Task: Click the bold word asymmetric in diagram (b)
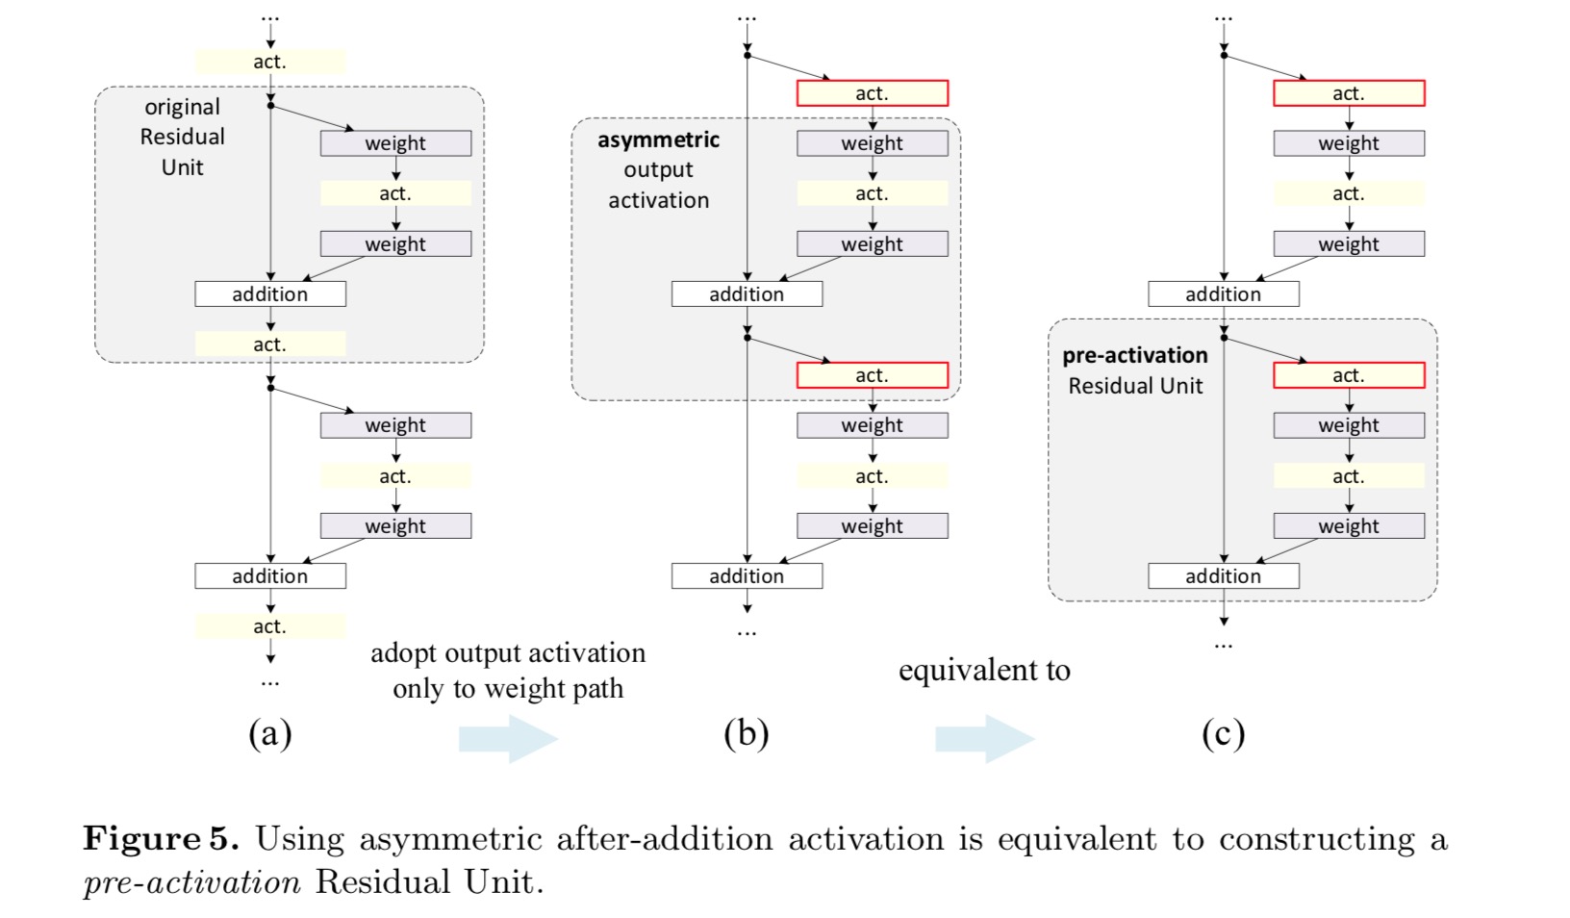[658, 140]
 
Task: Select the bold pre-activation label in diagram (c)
[1134, 355]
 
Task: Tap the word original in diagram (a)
[182, 107]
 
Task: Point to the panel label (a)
[269, 734]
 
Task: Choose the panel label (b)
[746, 734]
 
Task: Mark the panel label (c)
[1223, 734]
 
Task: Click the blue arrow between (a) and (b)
[508, 739]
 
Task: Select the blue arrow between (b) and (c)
[984, 739]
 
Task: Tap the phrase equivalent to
[983, 670]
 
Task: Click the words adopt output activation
[508, 653]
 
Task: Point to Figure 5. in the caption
[161, 838]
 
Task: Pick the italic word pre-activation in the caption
[191, 881]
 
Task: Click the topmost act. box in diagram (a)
[270, 62]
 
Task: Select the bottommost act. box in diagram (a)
[270, 626]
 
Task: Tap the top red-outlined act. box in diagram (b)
[872, 93]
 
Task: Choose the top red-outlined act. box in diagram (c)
[1349, 93]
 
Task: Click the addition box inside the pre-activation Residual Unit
[1223, 575]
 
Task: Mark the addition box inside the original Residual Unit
[270, 293]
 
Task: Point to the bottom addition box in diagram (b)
[747, 575]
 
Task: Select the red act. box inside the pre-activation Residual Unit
[1349, 375]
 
